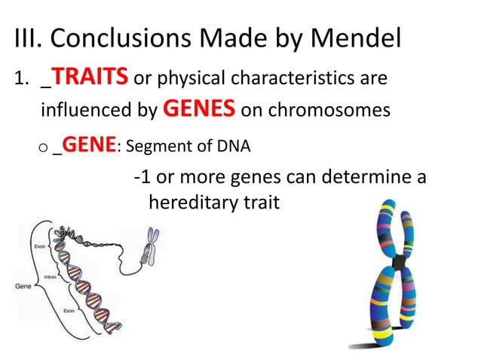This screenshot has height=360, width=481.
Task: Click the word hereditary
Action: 188,203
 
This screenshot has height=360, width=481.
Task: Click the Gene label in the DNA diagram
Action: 23,286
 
